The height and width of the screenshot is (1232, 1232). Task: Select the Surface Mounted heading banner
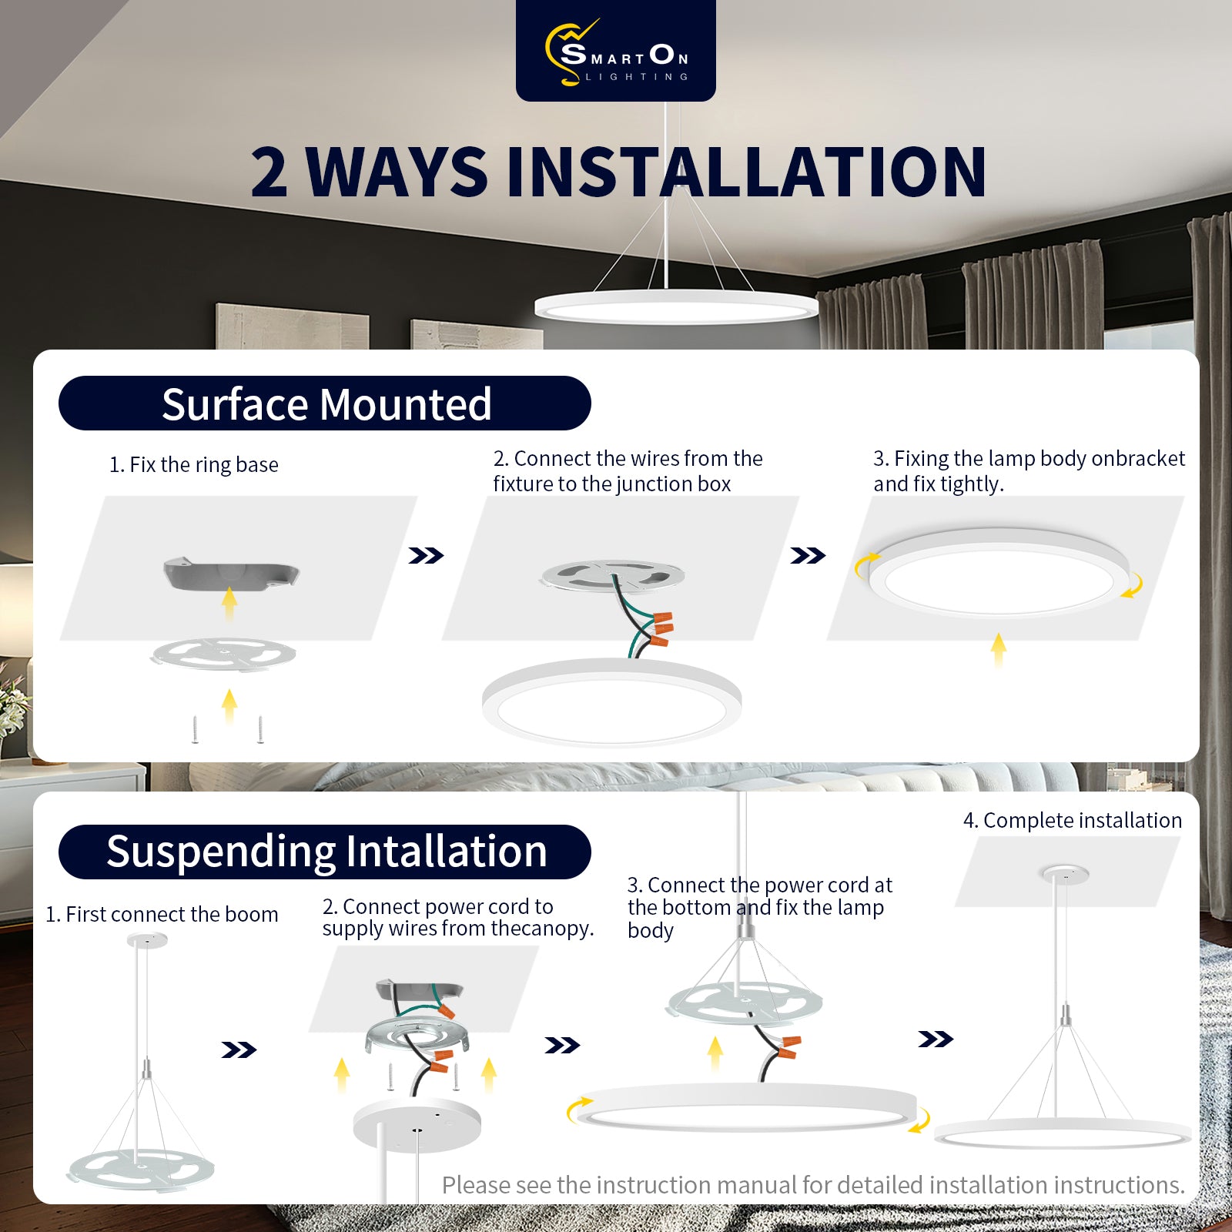coord(325,403)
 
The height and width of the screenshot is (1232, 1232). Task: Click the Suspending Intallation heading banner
coord(325,852)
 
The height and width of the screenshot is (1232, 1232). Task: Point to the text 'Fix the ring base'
coord(204,465)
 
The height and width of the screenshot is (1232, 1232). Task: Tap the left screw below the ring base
coord(196,729)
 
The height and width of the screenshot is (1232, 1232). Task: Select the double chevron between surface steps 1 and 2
coord(426,555)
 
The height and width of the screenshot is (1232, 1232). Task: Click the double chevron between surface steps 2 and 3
coord(808,555)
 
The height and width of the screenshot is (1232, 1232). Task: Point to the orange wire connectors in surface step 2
coord(661,628)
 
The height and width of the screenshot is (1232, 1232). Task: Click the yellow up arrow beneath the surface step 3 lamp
coord(999,649)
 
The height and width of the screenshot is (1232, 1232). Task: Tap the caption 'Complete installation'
coord(1083,821)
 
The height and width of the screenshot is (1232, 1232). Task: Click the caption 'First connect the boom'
coord(172,915)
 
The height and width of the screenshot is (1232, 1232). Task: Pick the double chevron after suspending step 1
coord(239,1050)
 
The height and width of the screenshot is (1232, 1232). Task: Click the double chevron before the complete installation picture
coord(936,1039)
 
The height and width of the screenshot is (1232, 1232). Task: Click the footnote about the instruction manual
coord(813,1185)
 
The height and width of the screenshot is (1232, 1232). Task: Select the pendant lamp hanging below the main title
coord(676,306)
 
